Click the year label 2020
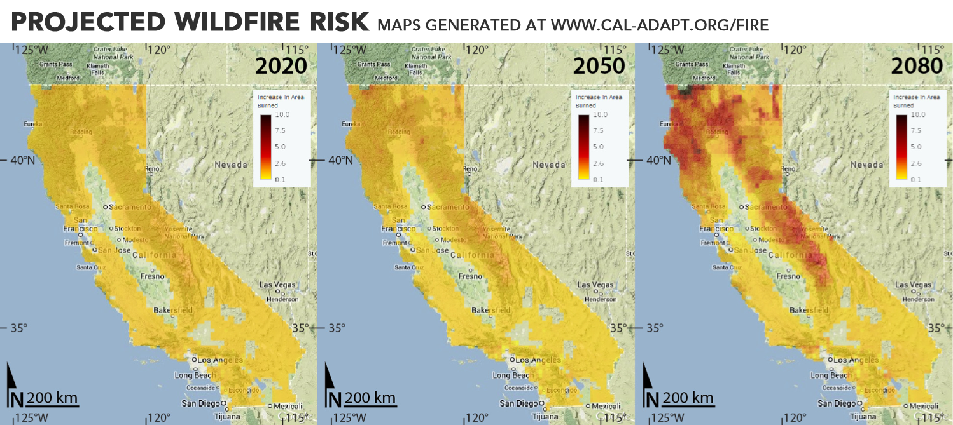(x=281, y=65)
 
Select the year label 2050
(x=599, y=65)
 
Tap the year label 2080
(x=916, y=65)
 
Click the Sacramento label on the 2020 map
(x=131, y=207)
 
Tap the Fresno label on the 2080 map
(x=788, y=276)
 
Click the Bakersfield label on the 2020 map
(x=173, y=310)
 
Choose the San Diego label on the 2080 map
(x=836, y=403)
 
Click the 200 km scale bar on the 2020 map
(x=53, y=398)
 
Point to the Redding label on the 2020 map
(x=81, y=132)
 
